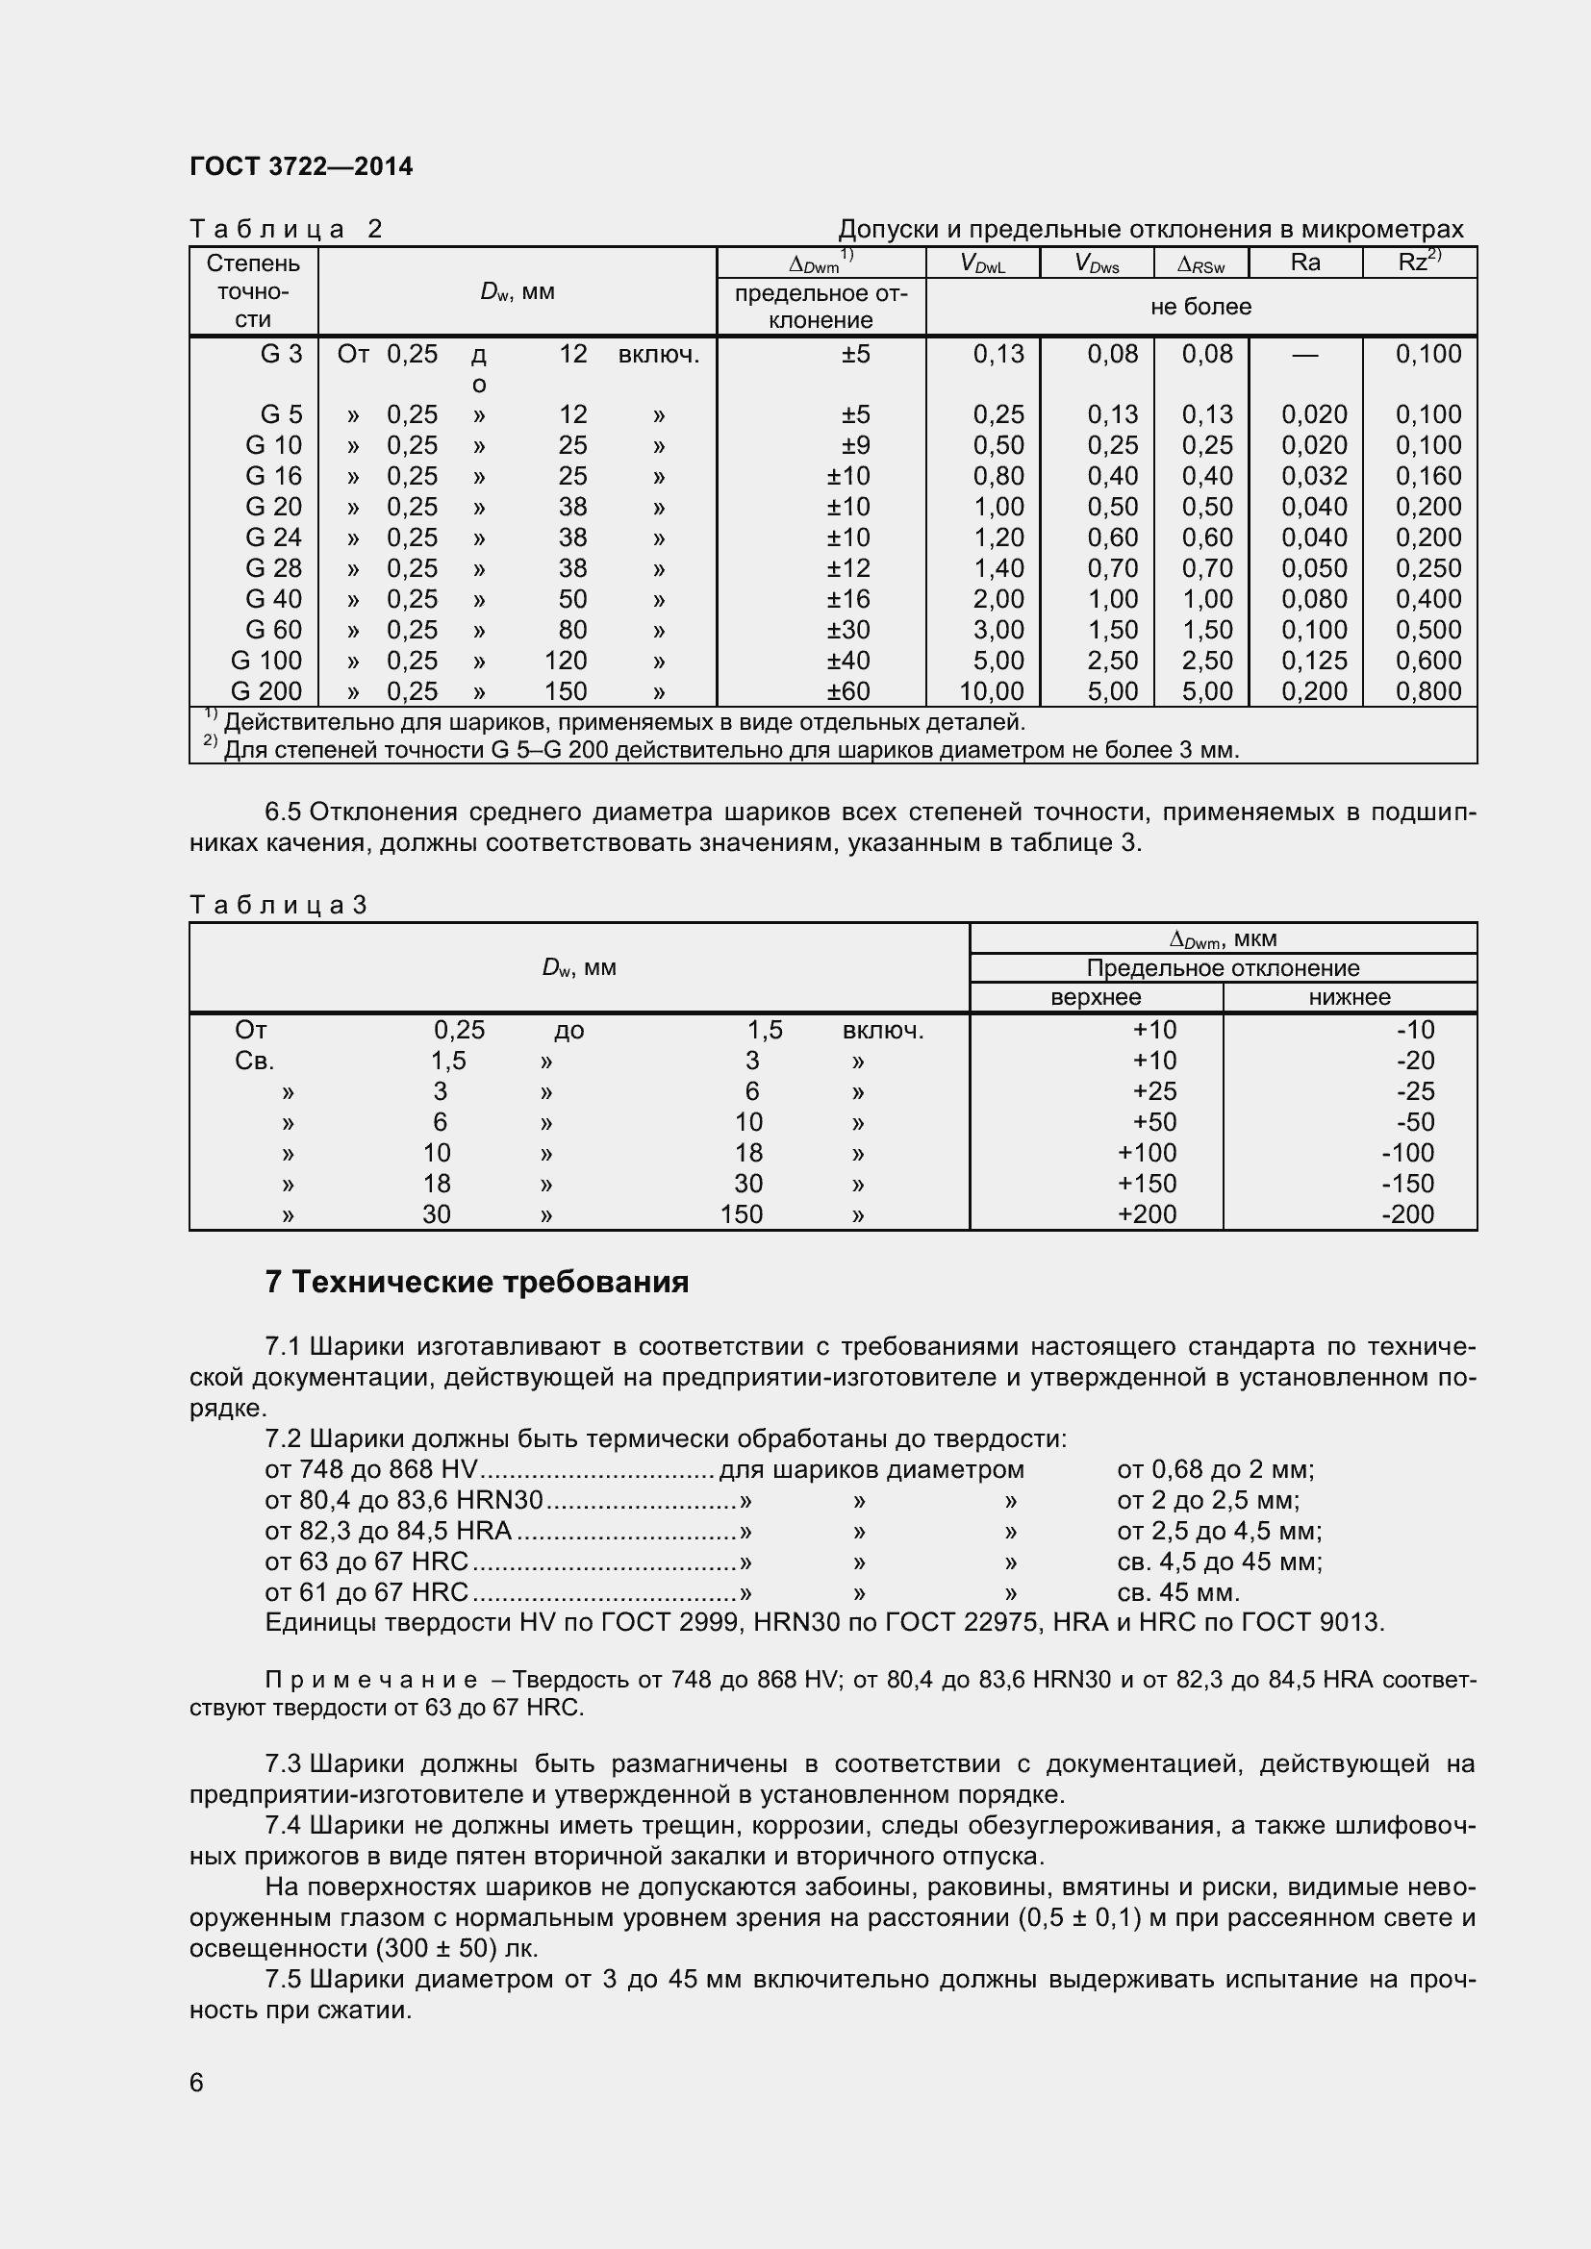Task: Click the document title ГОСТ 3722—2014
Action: tap(301, 166)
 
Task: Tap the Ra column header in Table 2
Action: tap(1305, 262)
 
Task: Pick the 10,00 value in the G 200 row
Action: tap(992, 691)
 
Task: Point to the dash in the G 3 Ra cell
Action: tap(1305, 355)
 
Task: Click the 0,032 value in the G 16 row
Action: tap(1314, 476)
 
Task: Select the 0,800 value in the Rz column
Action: tap(1427, 691)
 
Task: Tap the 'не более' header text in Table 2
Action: tap(1200, 307)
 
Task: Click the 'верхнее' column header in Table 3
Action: tap(1096, 997)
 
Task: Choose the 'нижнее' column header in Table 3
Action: tap(1349, 997)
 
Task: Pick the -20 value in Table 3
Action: tap(1416, 1061)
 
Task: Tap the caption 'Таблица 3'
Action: tap(277, 904)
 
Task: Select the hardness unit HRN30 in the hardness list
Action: tap(502, 1501)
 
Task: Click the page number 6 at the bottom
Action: tap(197, 2083)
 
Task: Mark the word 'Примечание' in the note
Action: tap(371, 1680)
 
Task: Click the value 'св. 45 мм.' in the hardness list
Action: tap(1177, 1591)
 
